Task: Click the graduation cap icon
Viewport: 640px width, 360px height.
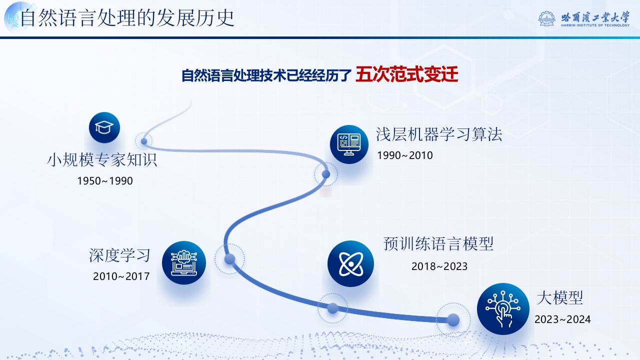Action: [x=104, y=127]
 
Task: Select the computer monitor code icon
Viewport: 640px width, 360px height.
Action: [x=349, y=144]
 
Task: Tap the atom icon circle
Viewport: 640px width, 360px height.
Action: [x=350, y=263]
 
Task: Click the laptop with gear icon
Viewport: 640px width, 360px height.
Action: [x=183, y=263]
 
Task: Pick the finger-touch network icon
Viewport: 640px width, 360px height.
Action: [x=503, y=309]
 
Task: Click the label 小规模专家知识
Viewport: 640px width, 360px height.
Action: [x=102, y=159]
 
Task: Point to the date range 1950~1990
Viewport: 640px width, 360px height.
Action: [x=105, y=181]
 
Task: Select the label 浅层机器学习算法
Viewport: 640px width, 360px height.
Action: [x=439, y=134]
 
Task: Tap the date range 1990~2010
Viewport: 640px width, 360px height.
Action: [x=405, y=155]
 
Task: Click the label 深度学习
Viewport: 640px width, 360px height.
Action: [x=119, y=255]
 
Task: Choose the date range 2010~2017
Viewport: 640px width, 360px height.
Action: [x=121, y=276]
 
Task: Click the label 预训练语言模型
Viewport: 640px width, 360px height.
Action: [x=438, y=243]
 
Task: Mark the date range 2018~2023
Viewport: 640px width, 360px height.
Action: [x=439, y=266]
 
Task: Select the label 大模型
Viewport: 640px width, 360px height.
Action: [x=559, y=298]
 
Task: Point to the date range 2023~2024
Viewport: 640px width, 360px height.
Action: [x=562, y=319]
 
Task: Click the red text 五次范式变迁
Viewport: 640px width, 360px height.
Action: [x=407, y=74]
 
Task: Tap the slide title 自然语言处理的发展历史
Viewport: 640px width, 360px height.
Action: [x=127, y=18]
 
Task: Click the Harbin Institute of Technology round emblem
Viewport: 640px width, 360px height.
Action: [x=546, y=19]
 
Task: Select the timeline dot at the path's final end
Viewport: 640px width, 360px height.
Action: [x=453, y=319]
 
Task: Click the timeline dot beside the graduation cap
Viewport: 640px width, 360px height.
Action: [x=144, y=141]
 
